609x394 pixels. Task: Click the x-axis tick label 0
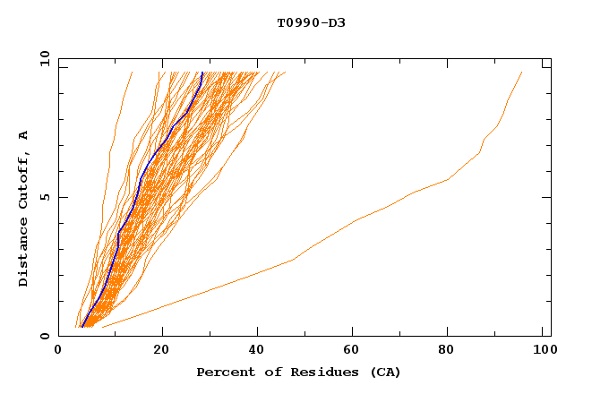[x=58, y=351]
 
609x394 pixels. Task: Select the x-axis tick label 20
[x=161, y=351]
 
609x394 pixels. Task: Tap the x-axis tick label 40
[x=259, y=351]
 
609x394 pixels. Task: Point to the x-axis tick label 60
[x=356, y=351]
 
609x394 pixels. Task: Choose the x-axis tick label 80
[x=453, y=351]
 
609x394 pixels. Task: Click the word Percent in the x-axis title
[x=222, y=372]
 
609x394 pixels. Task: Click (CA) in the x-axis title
[x=383, y=372]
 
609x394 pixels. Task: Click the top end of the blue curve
[x=202, y=73]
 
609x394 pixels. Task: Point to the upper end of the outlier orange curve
[x=522, y=73]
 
